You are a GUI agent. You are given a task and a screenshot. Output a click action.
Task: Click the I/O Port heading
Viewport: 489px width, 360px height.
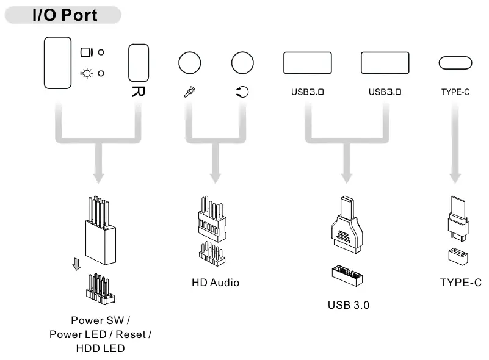point(65,15)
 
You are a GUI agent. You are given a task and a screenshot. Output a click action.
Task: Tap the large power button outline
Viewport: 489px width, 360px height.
point(58,63)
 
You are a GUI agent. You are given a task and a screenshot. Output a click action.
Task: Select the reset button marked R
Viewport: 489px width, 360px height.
point(139,63)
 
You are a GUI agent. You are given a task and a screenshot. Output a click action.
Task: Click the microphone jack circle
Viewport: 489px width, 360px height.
point(189,63)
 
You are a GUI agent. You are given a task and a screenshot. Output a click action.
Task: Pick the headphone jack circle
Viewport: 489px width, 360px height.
point(242,63)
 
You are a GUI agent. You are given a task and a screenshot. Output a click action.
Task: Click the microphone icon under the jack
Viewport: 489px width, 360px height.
point(189,92)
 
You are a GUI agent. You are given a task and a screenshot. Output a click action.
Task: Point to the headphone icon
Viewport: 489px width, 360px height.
point(242,92)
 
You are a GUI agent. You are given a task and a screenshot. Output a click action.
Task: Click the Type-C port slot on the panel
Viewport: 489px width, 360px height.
point(455,63)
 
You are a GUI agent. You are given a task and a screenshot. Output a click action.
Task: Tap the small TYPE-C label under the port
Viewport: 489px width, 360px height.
point(455,93)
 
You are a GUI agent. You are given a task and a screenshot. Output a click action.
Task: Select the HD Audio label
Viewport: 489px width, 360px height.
point(216,283)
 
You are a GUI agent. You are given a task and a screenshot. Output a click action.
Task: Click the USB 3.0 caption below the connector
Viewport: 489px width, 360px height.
point(349,304)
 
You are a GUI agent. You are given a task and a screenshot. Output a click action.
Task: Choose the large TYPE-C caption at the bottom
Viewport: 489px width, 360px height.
point(457,283)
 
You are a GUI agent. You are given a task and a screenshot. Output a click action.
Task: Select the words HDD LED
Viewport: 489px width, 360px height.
point(100,348)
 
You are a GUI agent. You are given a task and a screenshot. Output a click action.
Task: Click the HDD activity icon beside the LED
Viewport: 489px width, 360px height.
point(86,52)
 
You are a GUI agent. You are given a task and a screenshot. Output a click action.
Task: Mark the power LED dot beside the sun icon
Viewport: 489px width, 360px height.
point(101,73)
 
